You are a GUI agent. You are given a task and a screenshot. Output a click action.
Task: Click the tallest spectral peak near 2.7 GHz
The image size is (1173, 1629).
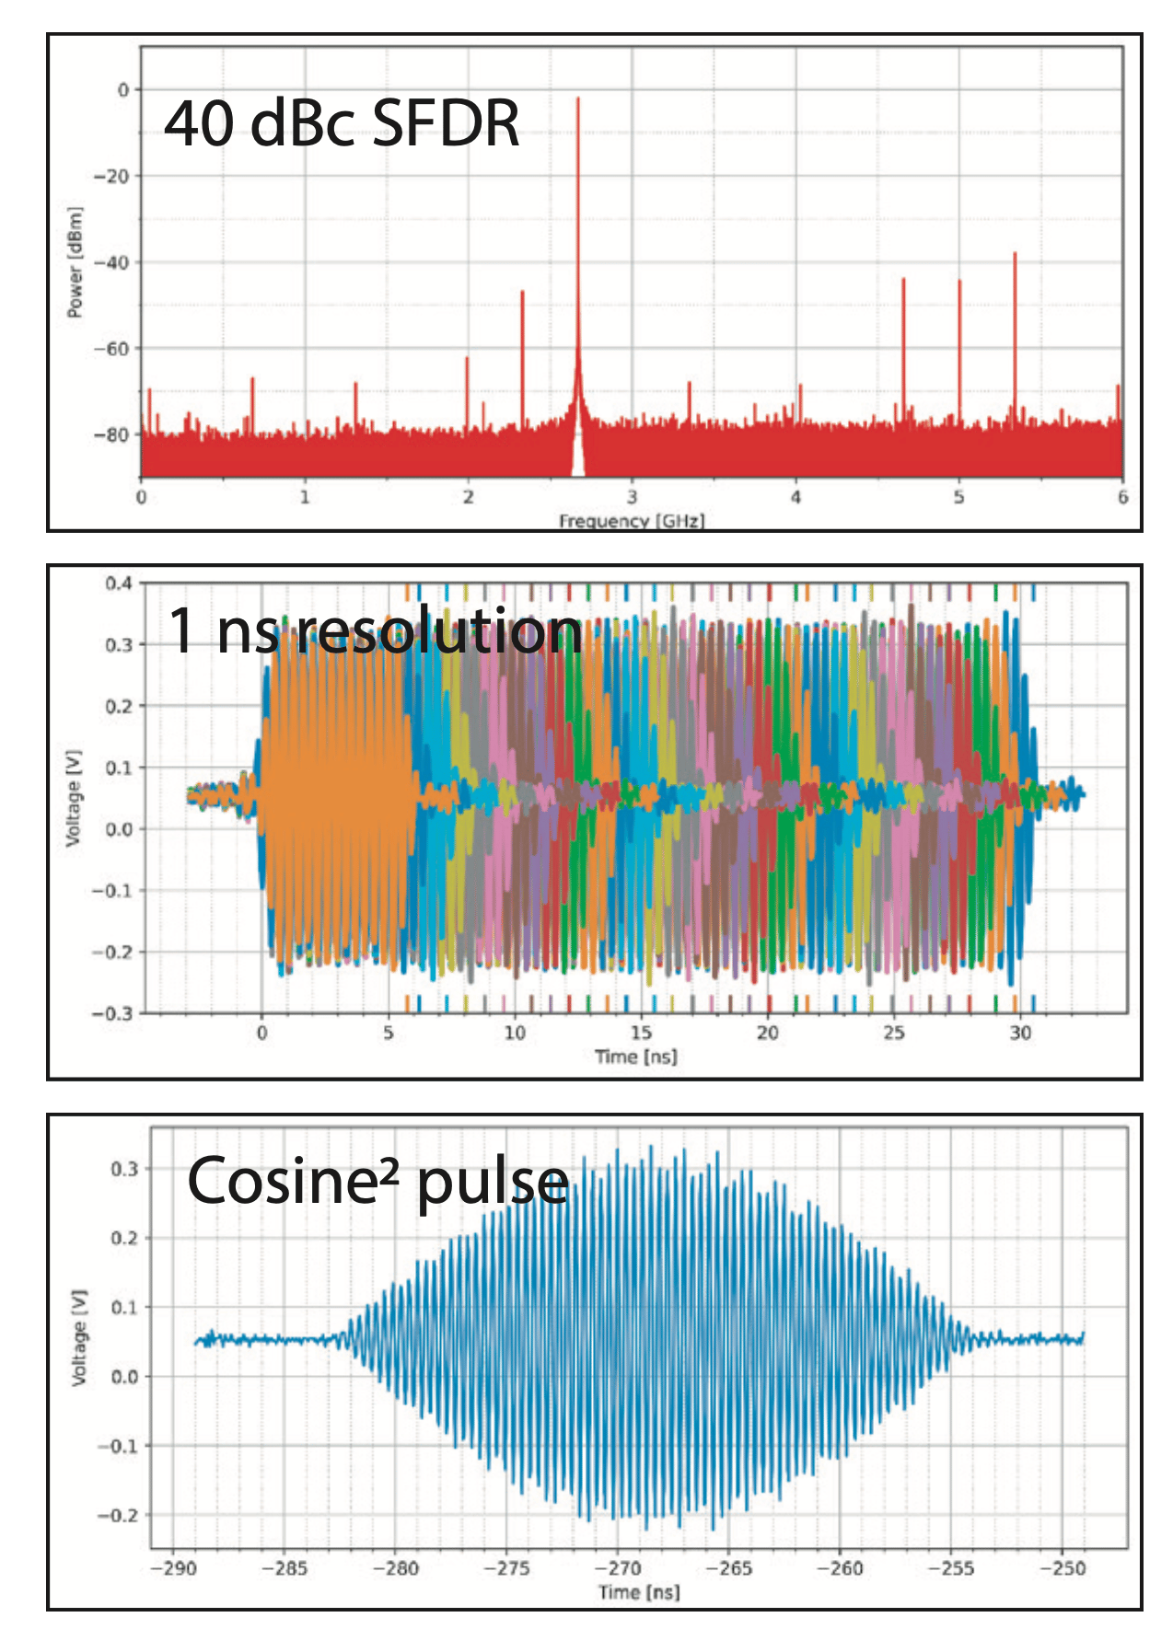(x=578, y=99)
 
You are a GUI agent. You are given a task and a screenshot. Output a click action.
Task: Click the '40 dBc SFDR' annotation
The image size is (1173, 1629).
(x=342, y=124)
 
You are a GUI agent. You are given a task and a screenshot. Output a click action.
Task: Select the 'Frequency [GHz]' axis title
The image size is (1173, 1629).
(x=632, y=521)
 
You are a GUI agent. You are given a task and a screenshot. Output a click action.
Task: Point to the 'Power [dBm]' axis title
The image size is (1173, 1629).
(x=75, y=263)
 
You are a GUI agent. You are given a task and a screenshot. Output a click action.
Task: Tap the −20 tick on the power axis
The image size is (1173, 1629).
(x=116, y=176)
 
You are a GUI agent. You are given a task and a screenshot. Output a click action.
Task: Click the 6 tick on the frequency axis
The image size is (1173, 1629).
(x=1122, y=497)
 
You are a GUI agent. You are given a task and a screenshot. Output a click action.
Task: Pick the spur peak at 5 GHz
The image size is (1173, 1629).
(x=959, y=282)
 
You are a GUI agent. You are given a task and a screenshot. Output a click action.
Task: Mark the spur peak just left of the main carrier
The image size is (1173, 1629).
(x=522, y=293)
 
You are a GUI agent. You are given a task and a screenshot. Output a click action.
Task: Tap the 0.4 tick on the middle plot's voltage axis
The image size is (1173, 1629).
(x=119, y=583)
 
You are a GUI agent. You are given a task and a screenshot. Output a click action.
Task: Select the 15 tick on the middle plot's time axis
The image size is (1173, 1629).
(x=641, y=1033)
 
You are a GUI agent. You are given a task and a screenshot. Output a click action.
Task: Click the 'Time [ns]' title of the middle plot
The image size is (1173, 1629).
(x=635, y=1057)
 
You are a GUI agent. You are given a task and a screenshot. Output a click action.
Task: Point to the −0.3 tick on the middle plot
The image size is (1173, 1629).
(x=112, y=1013)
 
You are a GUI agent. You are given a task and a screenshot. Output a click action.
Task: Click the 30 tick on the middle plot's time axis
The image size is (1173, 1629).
(x=1020, y=1033)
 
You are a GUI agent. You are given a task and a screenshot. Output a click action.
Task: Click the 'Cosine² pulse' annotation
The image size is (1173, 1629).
(x=377, y=1182)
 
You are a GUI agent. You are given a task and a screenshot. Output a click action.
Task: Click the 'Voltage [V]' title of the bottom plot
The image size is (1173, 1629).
(x=80, y=1337)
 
